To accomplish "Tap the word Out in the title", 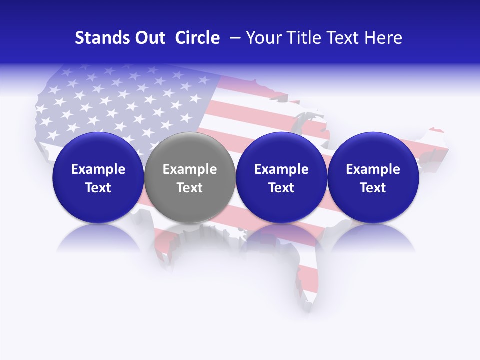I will (x=150, y=38).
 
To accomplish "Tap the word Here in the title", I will (x=383, y=38).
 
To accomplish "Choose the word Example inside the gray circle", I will (x=189, y=169).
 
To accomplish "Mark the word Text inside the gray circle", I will (x=189, y=188).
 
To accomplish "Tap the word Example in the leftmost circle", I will (x=98, y=169).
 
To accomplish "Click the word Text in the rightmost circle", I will (x=373, y=188).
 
